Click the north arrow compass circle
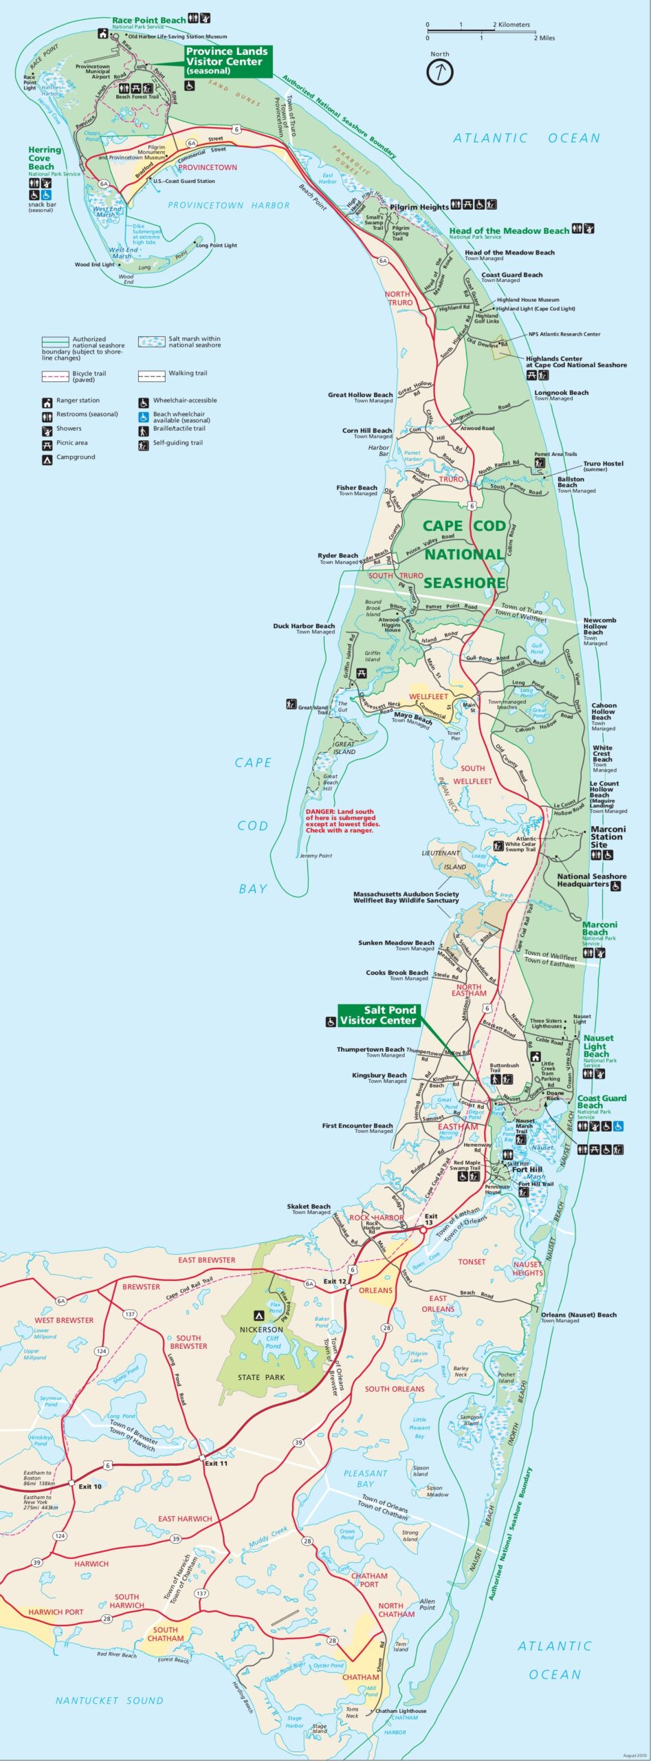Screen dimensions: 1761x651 coord(440,71)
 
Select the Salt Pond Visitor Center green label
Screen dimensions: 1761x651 coord(379,1015)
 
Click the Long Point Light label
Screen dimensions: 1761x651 coord(216,246)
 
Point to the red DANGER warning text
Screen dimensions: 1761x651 coord(342,821)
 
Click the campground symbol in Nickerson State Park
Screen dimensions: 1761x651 coord(259,1312)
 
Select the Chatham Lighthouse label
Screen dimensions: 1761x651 coord(401,1711)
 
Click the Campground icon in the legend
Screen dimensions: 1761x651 coord(47,457)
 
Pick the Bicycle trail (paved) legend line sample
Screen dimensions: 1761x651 coord(55,376)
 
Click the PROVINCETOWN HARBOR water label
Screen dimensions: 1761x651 coord(228,205)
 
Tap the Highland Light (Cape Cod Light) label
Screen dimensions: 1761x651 coord(536,309)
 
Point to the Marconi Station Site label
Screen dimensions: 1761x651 coord(608,836)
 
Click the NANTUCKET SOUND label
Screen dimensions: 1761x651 coord(109,1700)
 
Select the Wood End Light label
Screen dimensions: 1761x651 coord(94,264)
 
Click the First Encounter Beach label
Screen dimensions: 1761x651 coord(357,1126)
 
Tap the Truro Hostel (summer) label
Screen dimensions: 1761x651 coord(603,464)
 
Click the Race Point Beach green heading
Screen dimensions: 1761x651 coord(148,20)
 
